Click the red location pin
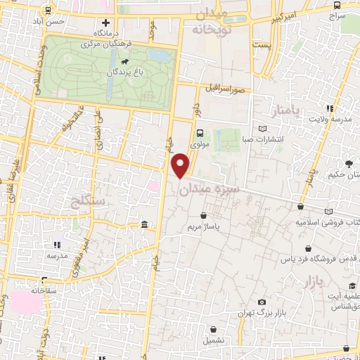click(x=181, y=165)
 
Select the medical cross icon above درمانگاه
click(x=106, y=23)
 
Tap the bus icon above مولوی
click(x=200, y=132)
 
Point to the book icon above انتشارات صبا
click(x=263, y=129)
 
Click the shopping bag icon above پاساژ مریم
click(x=203, y=216)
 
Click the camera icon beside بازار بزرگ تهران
click(x=262, y=302)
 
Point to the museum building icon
click(x=144, y=224)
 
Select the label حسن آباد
click(x=68, y=22)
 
